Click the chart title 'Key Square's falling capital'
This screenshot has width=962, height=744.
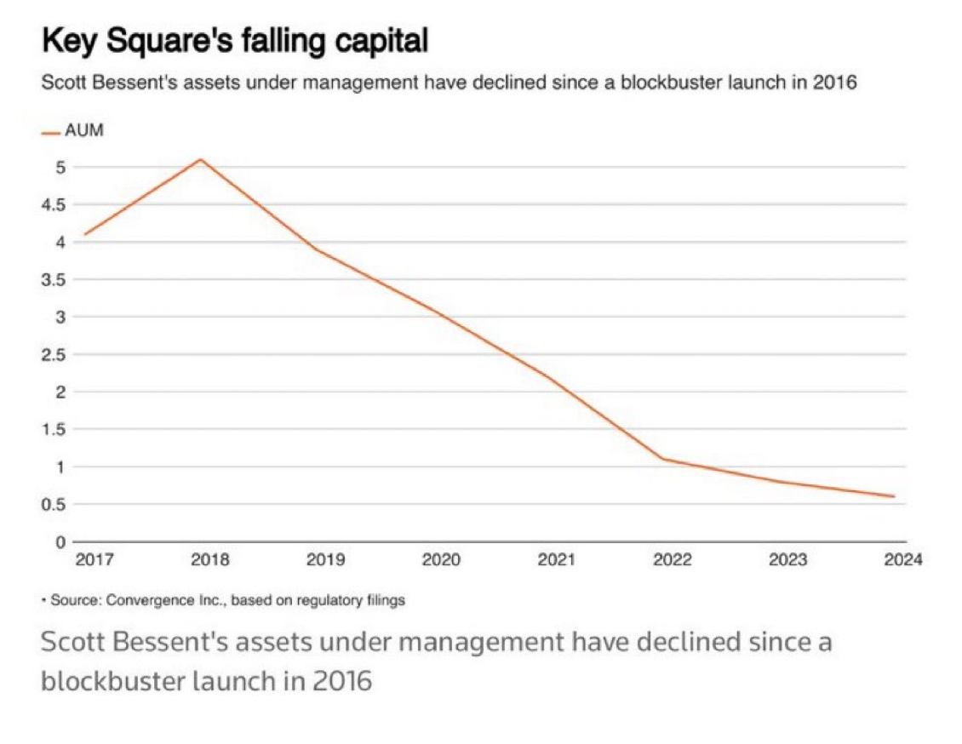[x=234, y=40]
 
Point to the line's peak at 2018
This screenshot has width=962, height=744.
[x=200, y=159]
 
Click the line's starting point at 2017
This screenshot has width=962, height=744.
[x=84, y=234]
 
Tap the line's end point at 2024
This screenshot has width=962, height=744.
[x=894, y=496]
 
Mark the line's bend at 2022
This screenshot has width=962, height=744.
[x=663, y=459]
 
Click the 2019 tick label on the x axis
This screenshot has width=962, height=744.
[x=326, y=560]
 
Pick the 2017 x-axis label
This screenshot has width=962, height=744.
[x=94, y=560]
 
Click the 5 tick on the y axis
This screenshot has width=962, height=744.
[x=60, y=167]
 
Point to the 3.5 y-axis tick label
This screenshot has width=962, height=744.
[x=54, y=279]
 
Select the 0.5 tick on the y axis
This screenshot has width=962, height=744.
[x=54, y=504]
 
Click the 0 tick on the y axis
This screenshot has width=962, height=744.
[x=60, y=541]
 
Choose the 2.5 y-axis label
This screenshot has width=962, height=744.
[x=54, y=354]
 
